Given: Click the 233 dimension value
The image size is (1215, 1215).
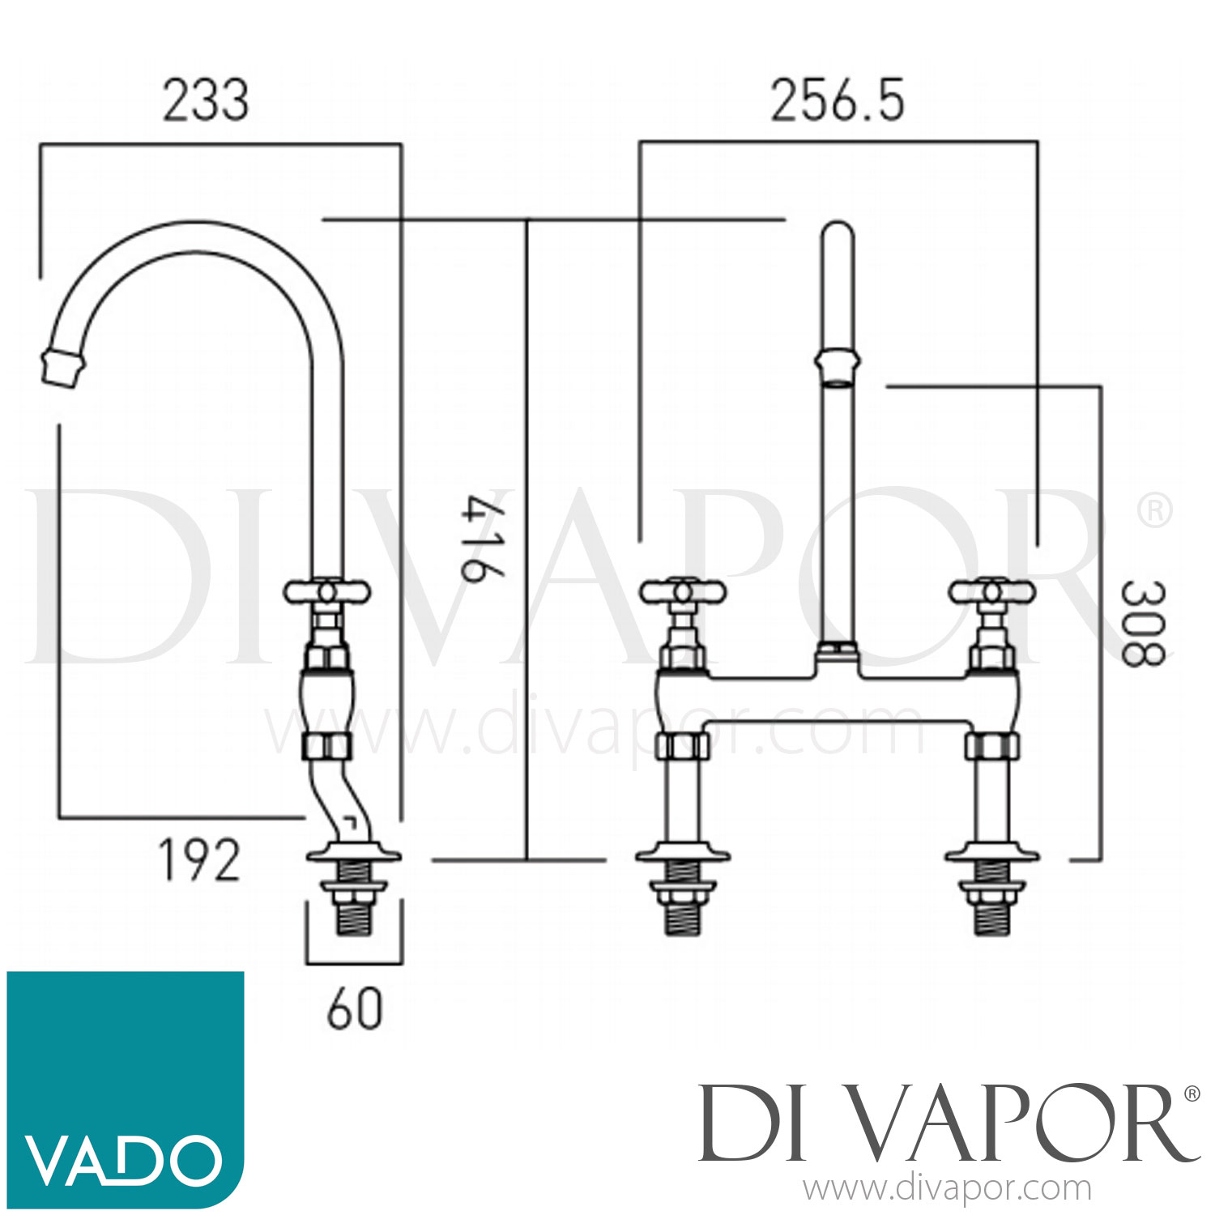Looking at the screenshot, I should pyautogui.click(x=206, y=101).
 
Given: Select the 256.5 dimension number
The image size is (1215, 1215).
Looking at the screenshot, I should pyautogui.click(x=837, y=101).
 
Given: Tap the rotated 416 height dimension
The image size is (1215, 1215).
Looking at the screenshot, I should pyautogui.click(x=483, y=540).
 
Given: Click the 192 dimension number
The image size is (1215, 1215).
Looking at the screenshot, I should pyautogui.click(x=199, y=860).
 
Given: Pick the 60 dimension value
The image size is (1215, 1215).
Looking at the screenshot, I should pyautogui.click(x=354, y=1009).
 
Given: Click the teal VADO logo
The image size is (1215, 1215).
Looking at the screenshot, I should pyautogui.click(x=126, y=1089).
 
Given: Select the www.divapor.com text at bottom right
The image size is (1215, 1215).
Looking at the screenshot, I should pyautogui.click(x=947, y=1189).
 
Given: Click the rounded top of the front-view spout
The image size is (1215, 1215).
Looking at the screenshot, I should pyautogui.click(x=837, y=235).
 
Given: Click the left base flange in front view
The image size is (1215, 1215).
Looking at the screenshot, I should pyautogui.click(x=682, y=855).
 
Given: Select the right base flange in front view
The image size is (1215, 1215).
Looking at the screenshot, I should pyautogui.click(x=992, y=855).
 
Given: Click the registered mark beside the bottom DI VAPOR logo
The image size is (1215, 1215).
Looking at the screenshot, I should pyautogui.click(x=1192, y=1093).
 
